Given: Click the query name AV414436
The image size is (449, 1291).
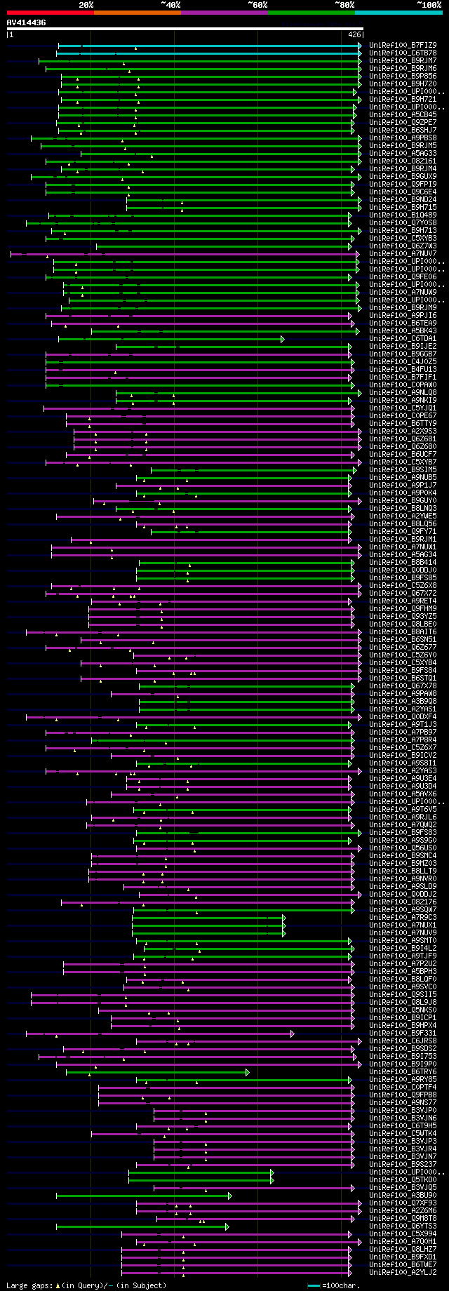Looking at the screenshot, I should pos(27,22).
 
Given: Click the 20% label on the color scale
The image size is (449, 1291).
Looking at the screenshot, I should pos(86,4).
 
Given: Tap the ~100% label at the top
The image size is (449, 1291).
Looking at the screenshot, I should pos(429,4).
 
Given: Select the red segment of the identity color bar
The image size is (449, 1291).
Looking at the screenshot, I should pos(50,13).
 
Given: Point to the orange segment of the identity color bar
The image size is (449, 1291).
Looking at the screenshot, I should pos(137,13).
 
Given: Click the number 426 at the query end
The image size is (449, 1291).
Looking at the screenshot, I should pos(354,34).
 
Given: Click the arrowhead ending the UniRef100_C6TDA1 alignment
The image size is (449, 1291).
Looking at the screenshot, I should pos(283,339).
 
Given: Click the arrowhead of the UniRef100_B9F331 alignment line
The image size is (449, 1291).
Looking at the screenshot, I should pos(293,1034).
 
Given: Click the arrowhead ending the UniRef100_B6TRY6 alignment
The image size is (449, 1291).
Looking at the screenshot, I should pos(247,1072).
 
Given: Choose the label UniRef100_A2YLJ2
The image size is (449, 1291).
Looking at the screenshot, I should pos(403,1273).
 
